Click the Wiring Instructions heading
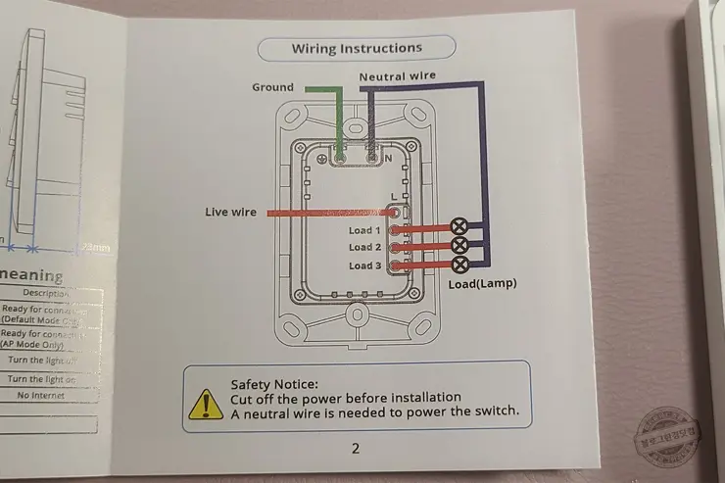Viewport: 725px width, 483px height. click(357, 48)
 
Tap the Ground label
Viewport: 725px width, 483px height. click(272, 87)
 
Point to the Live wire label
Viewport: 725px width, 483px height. click(230, 212)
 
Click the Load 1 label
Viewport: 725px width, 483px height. click(364, 230)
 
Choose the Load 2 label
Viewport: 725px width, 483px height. click(364, 248)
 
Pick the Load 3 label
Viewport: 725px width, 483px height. click(364, 266)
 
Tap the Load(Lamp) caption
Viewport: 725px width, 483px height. click(482, 284)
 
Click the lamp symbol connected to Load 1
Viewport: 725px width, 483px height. click(458, 225)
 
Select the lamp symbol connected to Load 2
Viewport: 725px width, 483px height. click(458, 244)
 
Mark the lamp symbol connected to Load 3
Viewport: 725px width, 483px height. click(458, 264)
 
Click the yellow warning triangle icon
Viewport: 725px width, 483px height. click(206, 402)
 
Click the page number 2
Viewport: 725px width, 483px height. click(356, 448)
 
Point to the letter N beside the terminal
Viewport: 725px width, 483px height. click(388, 157)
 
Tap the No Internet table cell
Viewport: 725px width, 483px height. click(41, 395)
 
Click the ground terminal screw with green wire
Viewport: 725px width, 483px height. click(340, 156)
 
